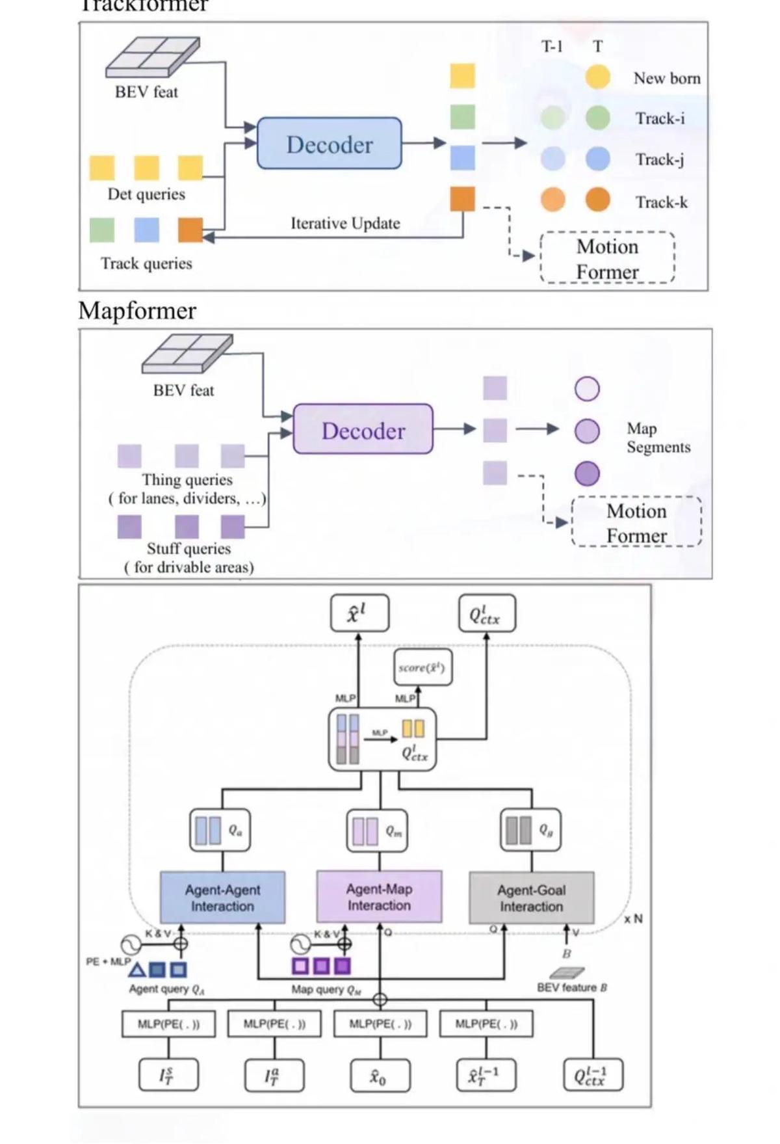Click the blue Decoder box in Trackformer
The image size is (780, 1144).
pos(329,144)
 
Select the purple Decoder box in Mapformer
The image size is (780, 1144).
pos(363,429)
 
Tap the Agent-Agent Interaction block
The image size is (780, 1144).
pos(222,898)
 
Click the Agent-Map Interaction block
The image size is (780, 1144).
pos(379,897)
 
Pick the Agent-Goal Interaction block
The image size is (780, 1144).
pos(531,898)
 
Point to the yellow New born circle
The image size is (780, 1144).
pos(597,77)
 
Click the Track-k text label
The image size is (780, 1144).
pos(661,202)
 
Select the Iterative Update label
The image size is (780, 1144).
pos(345,223)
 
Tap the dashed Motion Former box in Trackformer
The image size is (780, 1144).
pos(607,258)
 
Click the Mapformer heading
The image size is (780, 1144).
pos(137,310)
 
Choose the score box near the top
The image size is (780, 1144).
pos(422,667)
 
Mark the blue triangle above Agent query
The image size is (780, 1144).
pos(136,970)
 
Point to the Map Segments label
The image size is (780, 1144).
pos(657,438)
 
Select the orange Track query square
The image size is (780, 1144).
pos(190,230)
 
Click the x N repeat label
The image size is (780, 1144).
pos(633,919)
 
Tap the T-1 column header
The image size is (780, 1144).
pos(552,46)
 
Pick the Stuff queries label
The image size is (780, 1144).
pos(188,548)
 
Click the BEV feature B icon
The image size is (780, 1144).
pos(566,973)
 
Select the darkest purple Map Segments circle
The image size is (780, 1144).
pos(587,473)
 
